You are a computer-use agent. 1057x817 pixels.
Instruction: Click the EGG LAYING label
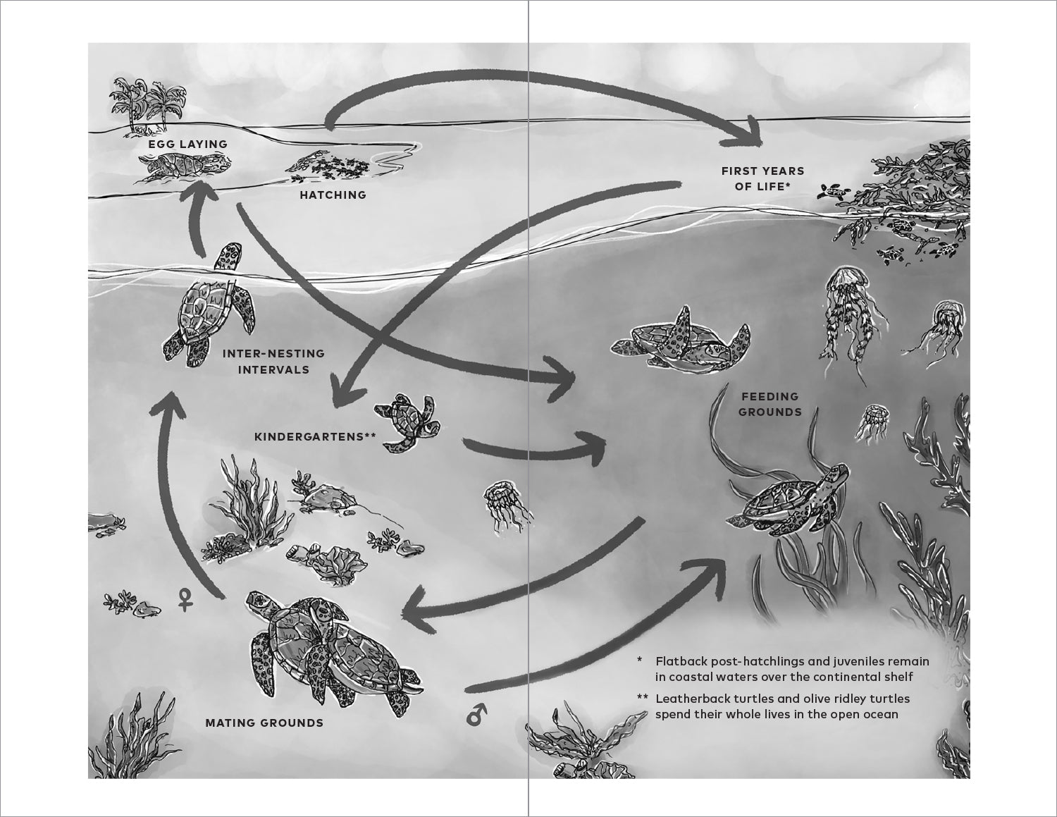pos(187,145)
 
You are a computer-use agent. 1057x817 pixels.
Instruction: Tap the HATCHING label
pos(333,195)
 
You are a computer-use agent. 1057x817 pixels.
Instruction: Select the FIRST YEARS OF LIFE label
pos(762,178)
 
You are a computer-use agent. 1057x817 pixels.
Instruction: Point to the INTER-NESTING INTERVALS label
pos(273,362)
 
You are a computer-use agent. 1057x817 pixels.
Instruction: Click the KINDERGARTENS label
pos(315,437)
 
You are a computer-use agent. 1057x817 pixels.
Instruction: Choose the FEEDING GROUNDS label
pos(769,405)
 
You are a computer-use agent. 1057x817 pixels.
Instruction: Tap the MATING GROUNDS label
pos(264,723)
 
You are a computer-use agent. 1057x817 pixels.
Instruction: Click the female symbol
pos(185,599)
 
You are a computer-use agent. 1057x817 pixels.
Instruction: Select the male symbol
pos(476,713)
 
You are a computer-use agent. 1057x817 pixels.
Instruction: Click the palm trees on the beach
pos(147,104)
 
